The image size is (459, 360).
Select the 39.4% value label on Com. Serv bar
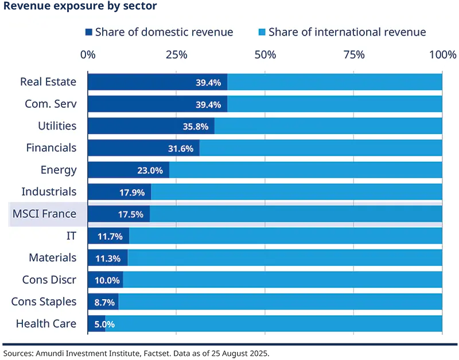pyautogui.click(x=208, y=104)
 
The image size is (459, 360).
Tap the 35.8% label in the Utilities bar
pyautogui.click(x=195, y=126)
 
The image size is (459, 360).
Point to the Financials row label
pyautogui.click(x=51, y=148)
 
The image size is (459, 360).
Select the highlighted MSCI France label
pyautogui.click(x=44, y=214)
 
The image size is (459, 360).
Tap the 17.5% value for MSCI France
pyautogui.click(x=131, y=214)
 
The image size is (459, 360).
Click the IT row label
pyautogui.click(x=71, y=236)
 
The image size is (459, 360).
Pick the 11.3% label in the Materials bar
pyautogui.click(x=107, y=258)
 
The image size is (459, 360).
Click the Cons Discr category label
pyautogui.click(x=49, y=280)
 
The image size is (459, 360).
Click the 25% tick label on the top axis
pyautogui.click(x=176, y=55)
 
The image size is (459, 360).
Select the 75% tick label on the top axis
pyautogui.click(x=353, y=55)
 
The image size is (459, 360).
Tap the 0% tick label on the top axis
pyautogui.click(x=88, y=55)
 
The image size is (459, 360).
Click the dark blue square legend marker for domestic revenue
pyautogui.click(x=88, y=32)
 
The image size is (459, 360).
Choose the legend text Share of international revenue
pyautogui.click(x=347, y=32)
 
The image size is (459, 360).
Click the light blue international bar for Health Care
pyautogui.click(x=274, y=324)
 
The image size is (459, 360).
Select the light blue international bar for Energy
pyautogui.click(x=305, y=170)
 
